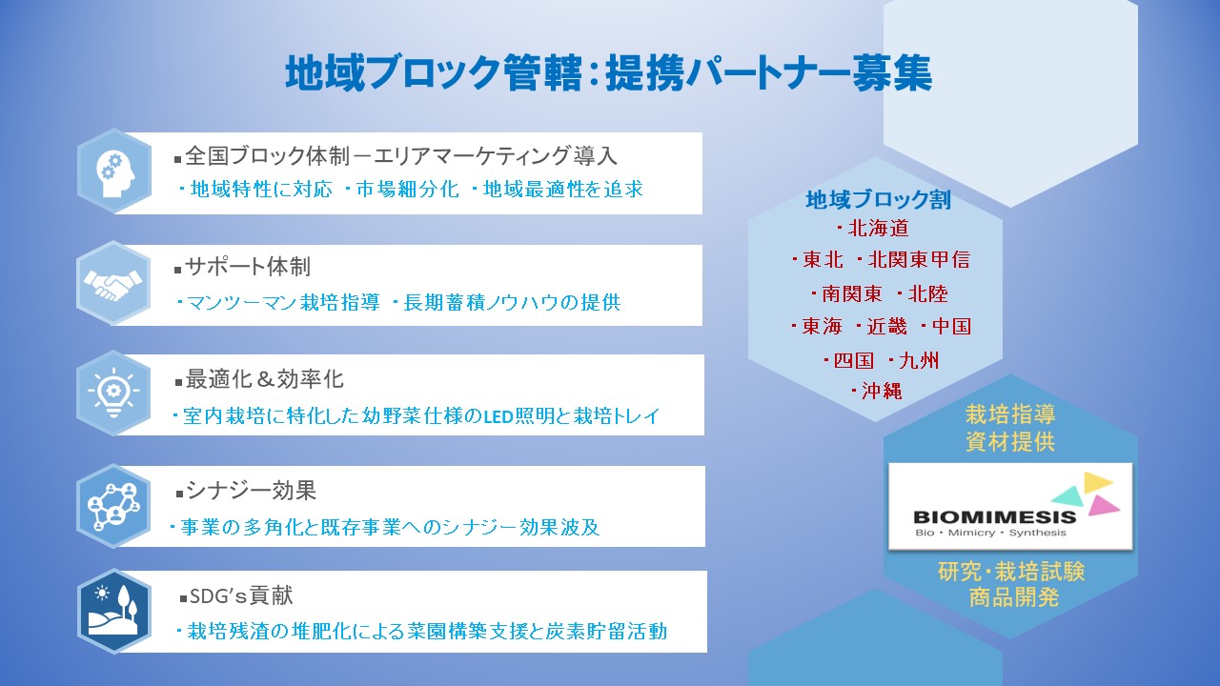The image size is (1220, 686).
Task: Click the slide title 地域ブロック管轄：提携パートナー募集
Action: click(609, 73)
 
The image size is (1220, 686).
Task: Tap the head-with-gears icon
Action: click(115, 173)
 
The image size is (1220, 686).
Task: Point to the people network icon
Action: click(113, 506)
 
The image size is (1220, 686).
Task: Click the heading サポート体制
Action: click(248, 267)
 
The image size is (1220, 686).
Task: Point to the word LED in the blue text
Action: click(498, 417)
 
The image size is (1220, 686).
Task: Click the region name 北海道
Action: click(879, 229)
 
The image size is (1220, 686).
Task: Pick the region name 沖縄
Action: click(882, 391)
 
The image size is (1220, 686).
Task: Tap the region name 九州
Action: click(919, 360)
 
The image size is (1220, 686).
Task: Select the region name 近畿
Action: click(886, 327)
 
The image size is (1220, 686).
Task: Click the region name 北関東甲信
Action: click(919, 260)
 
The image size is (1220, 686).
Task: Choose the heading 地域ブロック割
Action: click(879, 200)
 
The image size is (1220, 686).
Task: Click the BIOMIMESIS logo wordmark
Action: click(995, 516)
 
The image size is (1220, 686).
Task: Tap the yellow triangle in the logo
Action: click(1097, 482)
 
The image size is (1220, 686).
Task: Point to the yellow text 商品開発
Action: click(1013, 597)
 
